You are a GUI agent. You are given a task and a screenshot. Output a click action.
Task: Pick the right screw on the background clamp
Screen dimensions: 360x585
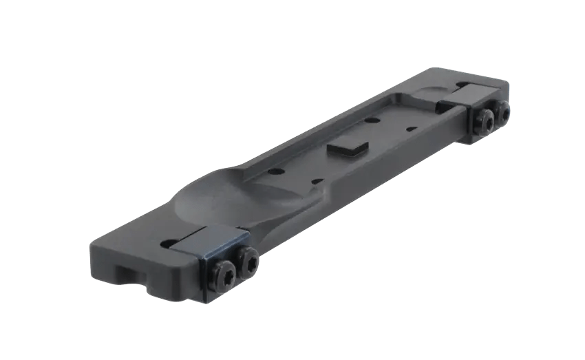[x=503, y=110]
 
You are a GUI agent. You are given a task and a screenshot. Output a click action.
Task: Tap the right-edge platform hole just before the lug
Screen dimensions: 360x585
[x=316, y=180]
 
